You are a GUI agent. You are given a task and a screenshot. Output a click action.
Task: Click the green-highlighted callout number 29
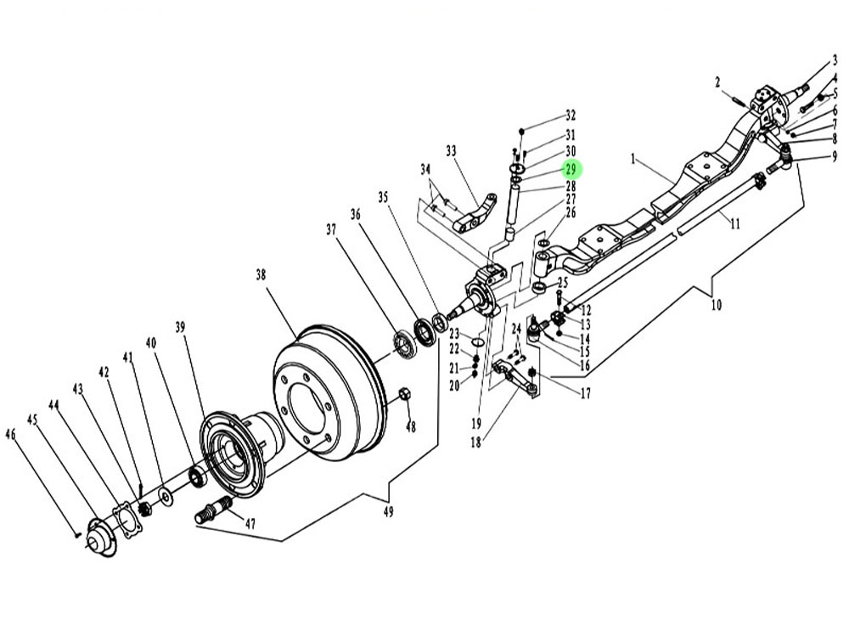pyautogui.click(x=571, y=169)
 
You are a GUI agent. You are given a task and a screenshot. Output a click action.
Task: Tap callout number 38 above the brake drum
pyautogui.click(x=261, y=275)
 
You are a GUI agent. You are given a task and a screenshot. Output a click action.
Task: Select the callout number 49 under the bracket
pyautogui.click(x=388, y=511)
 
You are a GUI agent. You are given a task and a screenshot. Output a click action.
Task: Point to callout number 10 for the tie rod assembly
pyautogui.click(x=717, y=305)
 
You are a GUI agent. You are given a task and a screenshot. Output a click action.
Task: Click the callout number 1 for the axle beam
pyautogui.click(x=633, y=160)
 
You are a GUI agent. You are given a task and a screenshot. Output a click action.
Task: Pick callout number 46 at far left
pyautogui.click(x=11, y=434)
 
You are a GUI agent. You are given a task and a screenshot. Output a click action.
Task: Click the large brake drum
pyautogui.click(x=329, y=392)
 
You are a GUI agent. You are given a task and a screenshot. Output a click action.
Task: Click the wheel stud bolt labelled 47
pyautogui.click(x=213, y=510)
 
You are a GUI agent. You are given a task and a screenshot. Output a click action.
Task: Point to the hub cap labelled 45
pyautogui.click(x=100, y=538)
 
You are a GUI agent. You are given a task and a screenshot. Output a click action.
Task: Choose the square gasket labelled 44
pyautogui.click(x=127, y=521)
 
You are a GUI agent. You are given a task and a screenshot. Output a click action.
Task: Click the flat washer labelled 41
pyautogui.click(x=165, y=496)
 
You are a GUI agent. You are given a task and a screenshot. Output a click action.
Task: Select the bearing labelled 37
pyautogui.click(x=404, y=345)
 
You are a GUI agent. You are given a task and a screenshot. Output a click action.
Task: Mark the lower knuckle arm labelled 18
pyautogui.click(x=515, y=376)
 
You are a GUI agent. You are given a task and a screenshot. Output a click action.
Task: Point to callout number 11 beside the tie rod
pyautogui.click(x=734, y=223)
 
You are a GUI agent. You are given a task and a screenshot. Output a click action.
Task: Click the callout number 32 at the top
pyautogui.click(x=571, y=115)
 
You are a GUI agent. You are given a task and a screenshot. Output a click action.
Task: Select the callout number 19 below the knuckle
pyautogui.click(x=476, y=423)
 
